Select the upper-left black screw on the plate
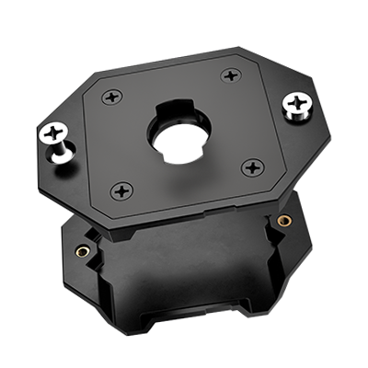[112, 95]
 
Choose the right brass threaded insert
[284, 221]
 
